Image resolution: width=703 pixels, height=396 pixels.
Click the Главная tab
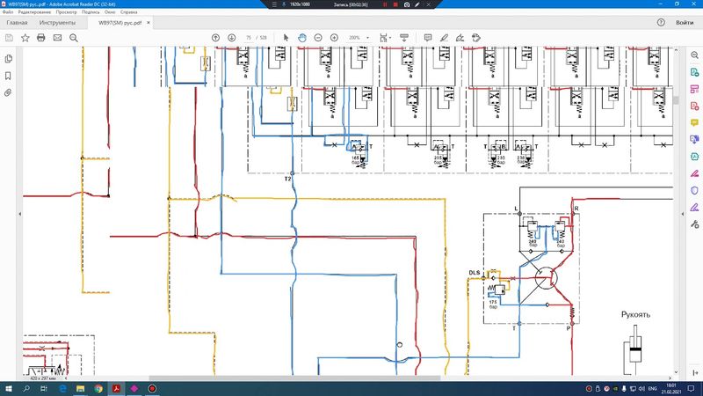click(17, 22)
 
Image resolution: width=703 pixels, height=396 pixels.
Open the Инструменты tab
click(57, 22)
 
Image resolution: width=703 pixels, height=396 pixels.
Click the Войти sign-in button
click(685, 22)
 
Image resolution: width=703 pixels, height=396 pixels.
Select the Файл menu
click(8, 12)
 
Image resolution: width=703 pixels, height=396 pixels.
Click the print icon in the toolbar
click(40, 38)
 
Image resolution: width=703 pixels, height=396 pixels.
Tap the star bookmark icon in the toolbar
click(25, 38)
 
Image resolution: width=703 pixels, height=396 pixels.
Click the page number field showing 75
click(250, 38)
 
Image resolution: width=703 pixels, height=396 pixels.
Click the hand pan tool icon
click(301, 38)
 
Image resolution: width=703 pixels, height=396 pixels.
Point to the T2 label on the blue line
click(287, 179)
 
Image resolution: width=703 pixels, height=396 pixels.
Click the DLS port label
click(475, 273)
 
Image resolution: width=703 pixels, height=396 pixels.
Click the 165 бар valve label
click(356, 159)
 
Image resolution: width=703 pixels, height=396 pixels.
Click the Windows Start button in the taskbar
click(8, 387)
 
